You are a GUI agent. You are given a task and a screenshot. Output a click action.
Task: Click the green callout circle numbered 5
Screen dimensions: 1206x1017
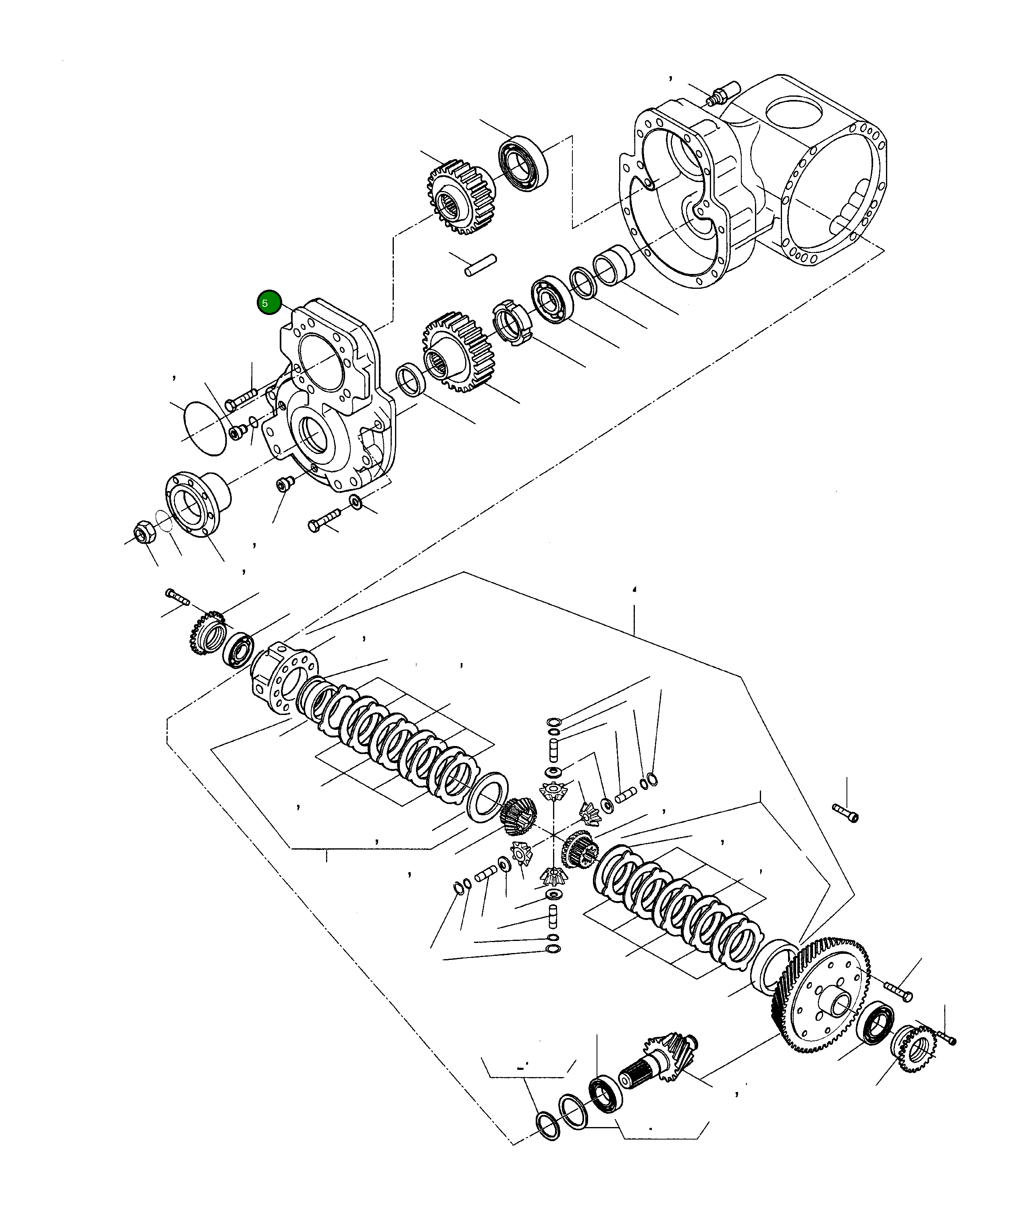[x=269, y=303]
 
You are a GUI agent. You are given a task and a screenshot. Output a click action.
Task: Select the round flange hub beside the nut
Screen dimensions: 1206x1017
[x=195, y=503]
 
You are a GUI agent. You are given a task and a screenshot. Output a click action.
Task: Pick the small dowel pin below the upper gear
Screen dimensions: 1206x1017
[x=481, y=265]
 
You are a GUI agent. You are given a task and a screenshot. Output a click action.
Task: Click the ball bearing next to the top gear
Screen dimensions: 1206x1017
[x=523, y=164]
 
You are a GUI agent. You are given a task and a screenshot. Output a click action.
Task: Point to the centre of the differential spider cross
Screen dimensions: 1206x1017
[x=552, y=835]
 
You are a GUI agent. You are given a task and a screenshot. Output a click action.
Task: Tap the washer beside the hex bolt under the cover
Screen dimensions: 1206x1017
[x=356, y=501]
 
